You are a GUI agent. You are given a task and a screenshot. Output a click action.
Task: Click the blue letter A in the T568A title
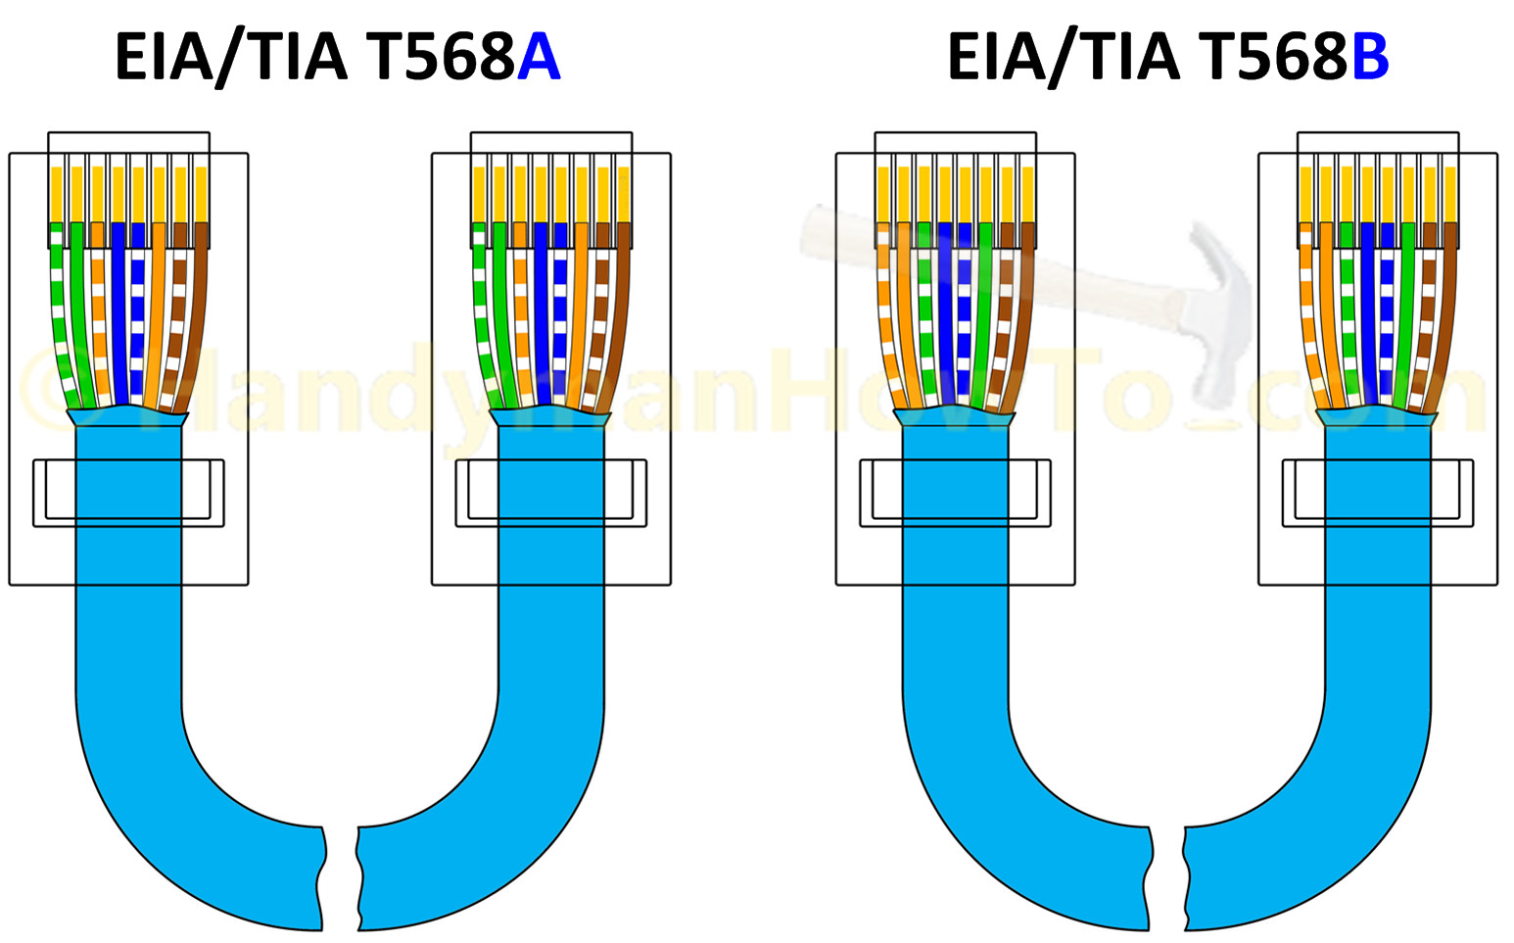(539, 58)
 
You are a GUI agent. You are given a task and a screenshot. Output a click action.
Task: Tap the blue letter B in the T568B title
(1370, 58)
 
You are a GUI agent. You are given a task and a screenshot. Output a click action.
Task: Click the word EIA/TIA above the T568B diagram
(1063, 58)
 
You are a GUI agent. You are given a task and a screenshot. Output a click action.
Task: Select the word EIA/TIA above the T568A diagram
(231, 58)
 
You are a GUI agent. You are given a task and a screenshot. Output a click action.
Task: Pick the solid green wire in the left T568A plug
(80, 313)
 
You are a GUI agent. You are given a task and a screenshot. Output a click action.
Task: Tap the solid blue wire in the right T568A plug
(541, 313)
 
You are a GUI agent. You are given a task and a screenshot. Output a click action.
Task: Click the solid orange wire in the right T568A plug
(579, 313)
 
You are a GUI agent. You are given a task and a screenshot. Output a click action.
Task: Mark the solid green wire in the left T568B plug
(982, 313)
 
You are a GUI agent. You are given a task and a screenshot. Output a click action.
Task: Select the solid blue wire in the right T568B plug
(1368, 313)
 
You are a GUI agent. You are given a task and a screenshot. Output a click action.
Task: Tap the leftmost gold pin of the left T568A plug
(56, 194)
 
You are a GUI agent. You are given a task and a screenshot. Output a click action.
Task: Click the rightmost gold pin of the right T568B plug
(1450, 194)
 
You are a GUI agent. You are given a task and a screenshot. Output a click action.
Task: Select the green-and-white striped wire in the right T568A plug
(481, 313)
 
